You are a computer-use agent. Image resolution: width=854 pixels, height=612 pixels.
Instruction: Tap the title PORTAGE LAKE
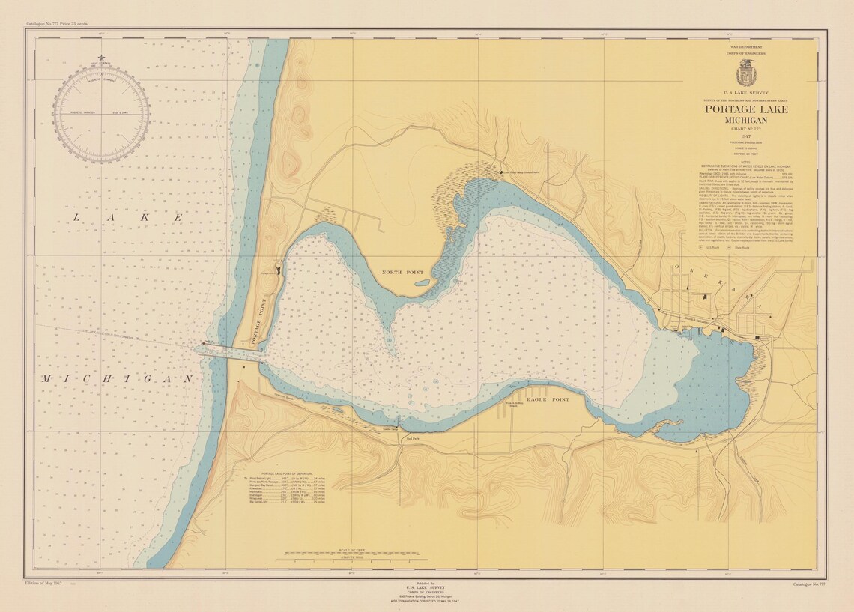tap(746, 110)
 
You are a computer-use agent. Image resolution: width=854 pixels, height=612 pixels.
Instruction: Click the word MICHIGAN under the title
tap(746, 121)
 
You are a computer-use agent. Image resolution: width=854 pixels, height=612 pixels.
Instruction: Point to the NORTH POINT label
tap(402, 273)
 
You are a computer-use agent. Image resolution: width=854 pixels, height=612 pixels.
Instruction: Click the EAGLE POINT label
tap(548, 400)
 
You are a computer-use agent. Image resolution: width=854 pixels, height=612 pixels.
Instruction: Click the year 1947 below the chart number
tap(746, 136)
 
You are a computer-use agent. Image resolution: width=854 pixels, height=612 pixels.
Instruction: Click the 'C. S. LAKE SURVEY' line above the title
tap(746, 93)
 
